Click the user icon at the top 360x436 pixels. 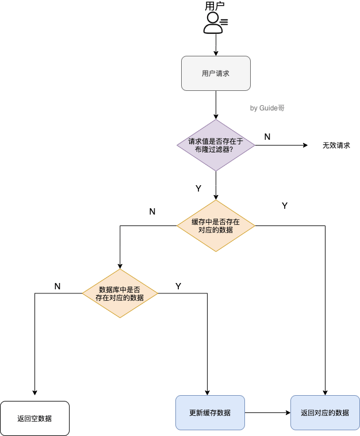pyautogui.click(x=215, y=23)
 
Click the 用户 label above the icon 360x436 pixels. pyautogui.click(x=215, y=6)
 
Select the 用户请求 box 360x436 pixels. pyautogui.click(x=216, y=73)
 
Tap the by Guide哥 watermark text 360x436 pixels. pyautogui.click(x=267, y=108)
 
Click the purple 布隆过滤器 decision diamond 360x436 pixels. pyautogui.click(x=216, y=145)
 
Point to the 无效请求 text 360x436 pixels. pyautogui.click(x=336, y=146)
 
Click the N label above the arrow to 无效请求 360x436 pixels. pyautogui.click(x=267, y=136)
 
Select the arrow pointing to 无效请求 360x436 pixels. pyautogui.click(x=282, y=145)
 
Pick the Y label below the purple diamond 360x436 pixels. pyautogui.click(x=198, y=188)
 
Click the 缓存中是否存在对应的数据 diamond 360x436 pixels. pyautogui.click(x=216, y=225)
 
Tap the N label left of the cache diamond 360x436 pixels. pyautogui.click(x=152, y=211)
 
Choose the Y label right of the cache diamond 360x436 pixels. pyautogui.click(x=284, y=205)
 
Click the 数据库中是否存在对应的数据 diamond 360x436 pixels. pyautogui.click(x=120, y=293)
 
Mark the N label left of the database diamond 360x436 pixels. pyautogui.click(x=57, y=286)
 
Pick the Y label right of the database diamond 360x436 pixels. pyautogui.click(x=178, y=286)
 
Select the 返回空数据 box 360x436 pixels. pyautogui.click(x=35, y=418)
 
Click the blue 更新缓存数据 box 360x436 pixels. pyautogui.click(x=210, y=412)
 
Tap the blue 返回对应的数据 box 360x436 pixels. pyautogui.click(x=325, y=412)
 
